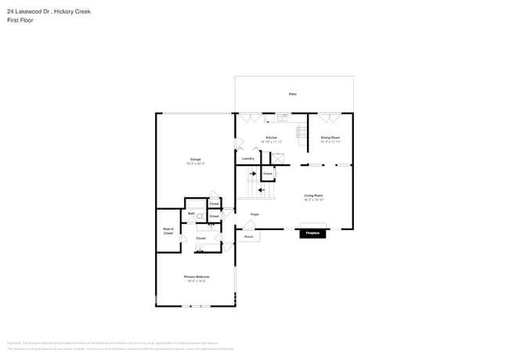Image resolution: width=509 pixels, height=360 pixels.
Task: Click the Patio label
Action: coord(292,94)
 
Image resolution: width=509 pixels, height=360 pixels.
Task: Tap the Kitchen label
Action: coord(272,137)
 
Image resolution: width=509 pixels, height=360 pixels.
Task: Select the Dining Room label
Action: coord(330,137)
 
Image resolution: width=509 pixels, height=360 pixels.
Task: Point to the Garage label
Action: coord(195,160)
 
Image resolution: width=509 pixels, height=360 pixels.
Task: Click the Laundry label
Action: coord(247,158)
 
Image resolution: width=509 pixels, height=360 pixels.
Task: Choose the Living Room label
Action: coord(313,196)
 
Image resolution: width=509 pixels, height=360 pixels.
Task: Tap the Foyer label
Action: coord(254,214)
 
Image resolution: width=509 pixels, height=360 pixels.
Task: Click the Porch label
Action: coord(249,236)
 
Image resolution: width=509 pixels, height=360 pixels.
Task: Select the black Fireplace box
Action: coord(312,233)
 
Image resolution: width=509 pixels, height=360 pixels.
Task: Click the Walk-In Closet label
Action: coord(168,232)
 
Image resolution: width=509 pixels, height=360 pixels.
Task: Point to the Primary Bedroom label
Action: coord(195,277)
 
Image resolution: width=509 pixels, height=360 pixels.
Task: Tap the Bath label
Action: coord(191,213)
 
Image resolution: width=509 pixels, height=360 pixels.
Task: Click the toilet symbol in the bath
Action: coord(200,216)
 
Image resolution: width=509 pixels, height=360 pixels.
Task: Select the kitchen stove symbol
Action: coord(301,132)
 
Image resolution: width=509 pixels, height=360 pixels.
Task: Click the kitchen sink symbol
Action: coord(281,118)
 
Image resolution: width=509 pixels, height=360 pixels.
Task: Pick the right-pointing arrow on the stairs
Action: coord(253,174)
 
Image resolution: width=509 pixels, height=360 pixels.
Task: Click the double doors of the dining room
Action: coord(329,117)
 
